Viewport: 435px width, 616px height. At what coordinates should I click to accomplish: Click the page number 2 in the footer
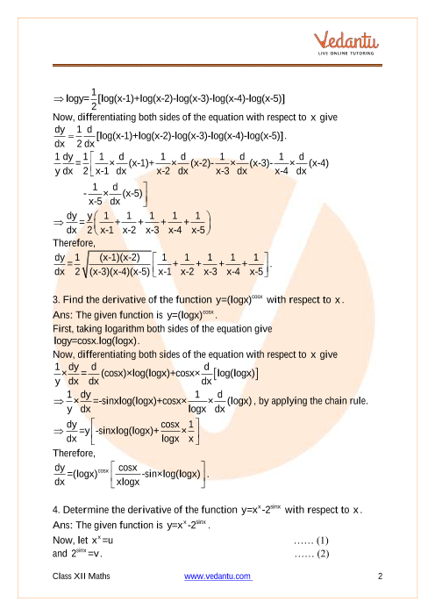tap(382, 576)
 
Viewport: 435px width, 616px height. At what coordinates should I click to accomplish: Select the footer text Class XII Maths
tap(86, 576)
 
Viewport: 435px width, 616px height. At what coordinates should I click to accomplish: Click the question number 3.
tap(56, 301)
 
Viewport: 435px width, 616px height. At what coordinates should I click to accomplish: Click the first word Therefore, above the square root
tap(75, 245)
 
